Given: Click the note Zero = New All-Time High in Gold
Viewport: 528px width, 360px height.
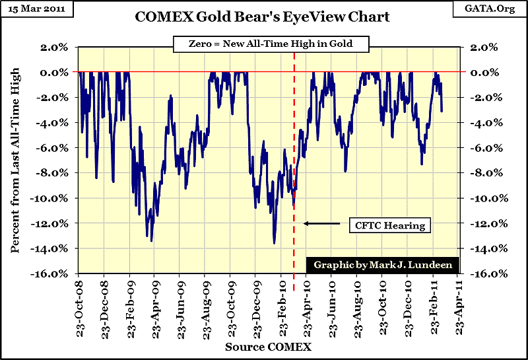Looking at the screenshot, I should pos(271,45).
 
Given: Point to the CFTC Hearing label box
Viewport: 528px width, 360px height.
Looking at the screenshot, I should pos(387,225).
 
